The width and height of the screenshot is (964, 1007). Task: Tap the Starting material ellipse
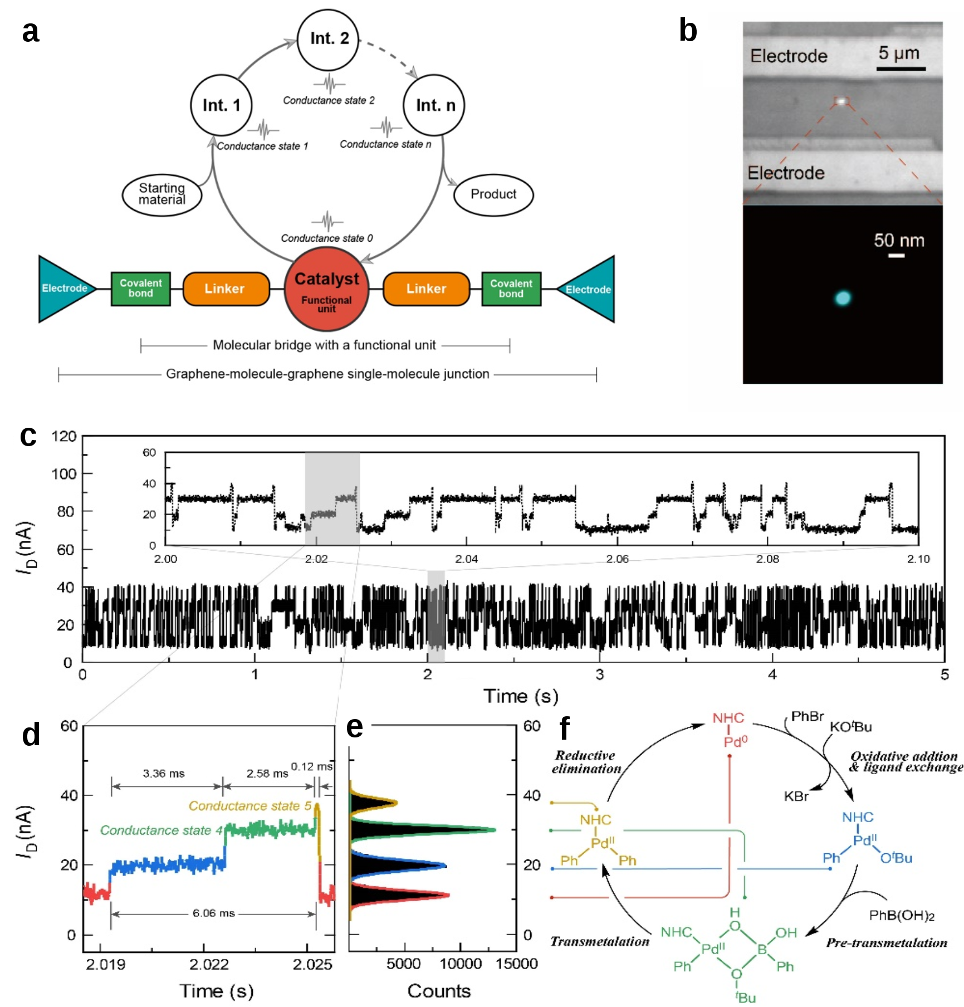pyautogui.click(x=162, y=194)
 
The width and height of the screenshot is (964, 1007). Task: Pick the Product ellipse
pyautogui.click(x=493, y=194)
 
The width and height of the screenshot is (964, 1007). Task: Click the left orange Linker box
pyautogui.click(x=225, y=289)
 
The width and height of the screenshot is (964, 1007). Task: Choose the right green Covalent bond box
pyautogui.click(x=511, y=289)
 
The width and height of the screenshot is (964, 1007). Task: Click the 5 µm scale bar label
pyautogui.click(x=899, y=53)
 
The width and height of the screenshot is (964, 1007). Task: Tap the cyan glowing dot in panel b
pyautogui.click(x=843, y=298)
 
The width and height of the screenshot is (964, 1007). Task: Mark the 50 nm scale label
pyautogui.click(x=899, y=241)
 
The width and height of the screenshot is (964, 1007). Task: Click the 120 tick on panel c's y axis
pyautogui.click(x=64, y=436)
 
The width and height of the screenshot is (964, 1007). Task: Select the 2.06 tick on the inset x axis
pyautogui.click(x=617, y=559)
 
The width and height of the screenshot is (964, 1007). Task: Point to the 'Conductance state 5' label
pyautogui.click(x=250, y=806)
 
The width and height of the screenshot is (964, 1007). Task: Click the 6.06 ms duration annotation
pyautogui.click(x=213, y=913)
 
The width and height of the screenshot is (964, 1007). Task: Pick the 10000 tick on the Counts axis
pyautogui.click(x=461, y=964)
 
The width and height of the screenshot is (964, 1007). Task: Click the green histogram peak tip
pyautogui.click(x=493, y=830)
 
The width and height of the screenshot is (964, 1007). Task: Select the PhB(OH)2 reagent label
pyautogui.click(x=902, y=916)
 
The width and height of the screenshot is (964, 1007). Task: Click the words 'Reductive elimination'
pyautogui.click(x=586, y=762)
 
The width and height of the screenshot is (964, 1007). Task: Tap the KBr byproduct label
pyautogui.click(x=796, y=796)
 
